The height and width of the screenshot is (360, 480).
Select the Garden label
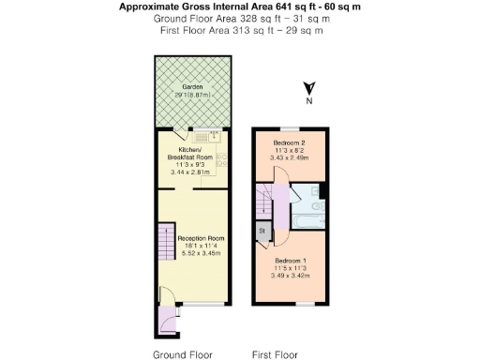[191, 86]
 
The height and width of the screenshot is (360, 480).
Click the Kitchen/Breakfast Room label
[190, 153]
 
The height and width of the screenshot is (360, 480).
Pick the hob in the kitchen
[221, 160]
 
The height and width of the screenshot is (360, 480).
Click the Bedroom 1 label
[292, 262]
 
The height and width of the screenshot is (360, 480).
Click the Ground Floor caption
[183, 354]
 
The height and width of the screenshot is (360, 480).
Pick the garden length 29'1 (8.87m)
[191, 95]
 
